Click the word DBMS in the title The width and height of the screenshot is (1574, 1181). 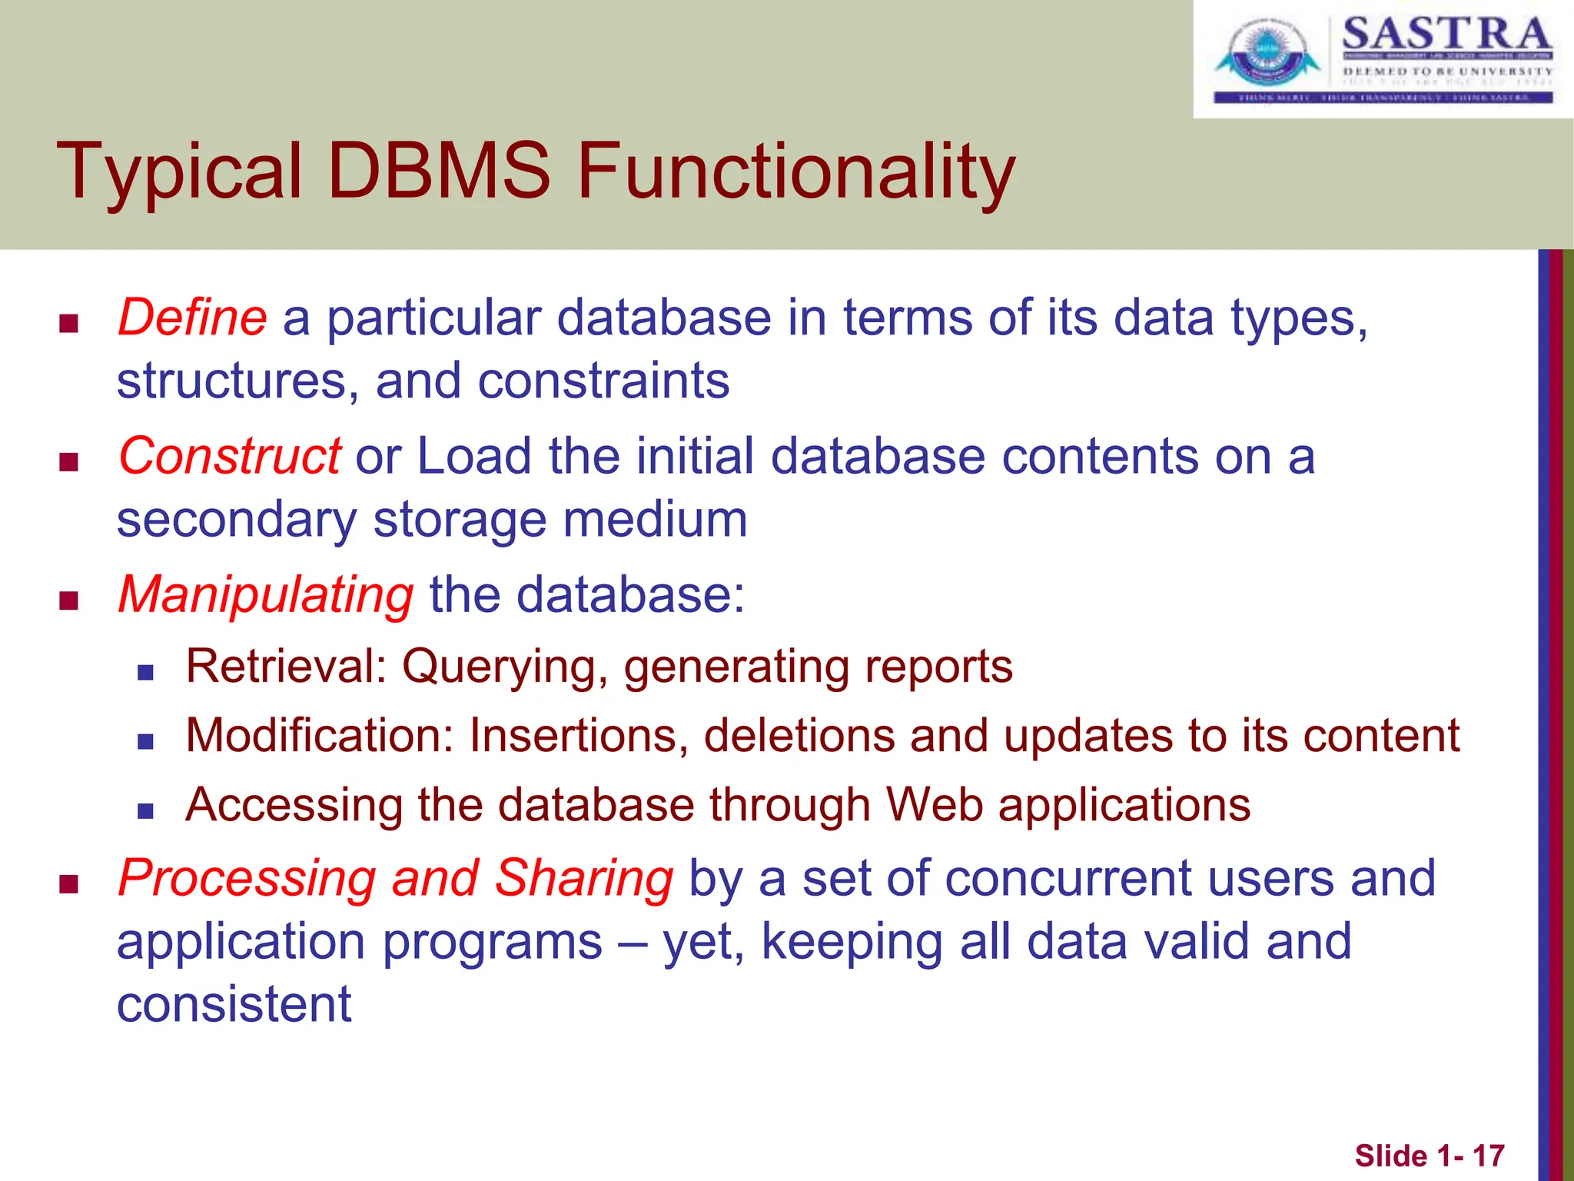coord(439,171)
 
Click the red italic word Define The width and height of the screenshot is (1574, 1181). coord(192,318)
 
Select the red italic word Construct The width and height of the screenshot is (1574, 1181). coord(229,456)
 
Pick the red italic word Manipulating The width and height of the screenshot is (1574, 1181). coord(266,594)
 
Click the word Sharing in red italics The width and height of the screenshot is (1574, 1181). coord(584,878)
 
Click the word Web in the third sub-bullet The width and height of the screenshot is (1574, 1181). coord(935,805)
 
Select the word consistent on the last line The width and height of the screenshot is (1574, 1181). coord(234,1004)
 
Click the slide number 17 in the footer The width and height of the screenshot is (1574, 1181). coord(1488,1156)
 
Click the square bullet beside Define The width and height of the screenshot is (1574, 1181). coord(69,323)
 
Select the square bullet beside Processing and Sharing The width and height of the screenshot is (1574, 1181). coord(69,884)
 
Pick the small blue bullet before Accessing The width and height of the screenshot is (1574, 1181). coord(145,810)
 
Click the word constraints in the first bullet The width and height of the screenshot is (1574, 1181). coord(603,381)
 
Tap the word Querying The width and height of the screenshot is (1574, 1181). coord(498,667)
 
